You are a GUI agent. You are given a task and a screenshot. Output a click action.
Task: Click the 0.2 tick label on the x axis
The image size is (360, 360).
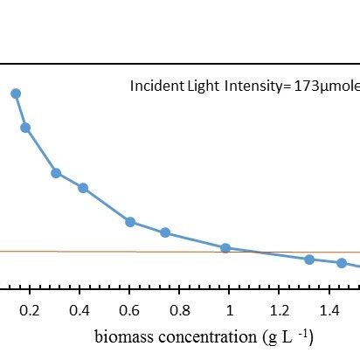29,309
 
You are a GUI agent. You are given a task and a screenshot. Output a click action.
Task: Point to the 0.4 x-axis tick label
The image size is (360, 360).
79,309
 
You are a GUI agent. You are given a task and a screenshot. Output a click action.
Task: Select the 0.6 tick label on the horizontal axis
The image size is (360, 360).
129,309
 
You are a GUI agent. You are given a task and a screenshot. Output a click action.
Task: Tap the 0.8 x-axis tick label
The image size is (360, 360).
179,309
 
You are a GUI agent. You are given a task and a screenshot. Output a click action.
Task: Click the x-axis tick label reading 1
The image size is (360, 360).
229,309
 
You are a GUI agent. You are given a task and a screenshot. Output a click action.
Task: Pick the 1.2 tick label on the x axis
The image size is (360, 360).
279,309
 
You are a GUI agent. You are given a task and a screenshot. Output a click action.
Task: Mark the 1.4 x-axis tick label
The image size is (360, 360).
329,309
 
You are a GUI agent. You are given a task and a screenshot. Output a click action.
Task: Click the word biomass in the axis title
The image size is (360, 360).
125,336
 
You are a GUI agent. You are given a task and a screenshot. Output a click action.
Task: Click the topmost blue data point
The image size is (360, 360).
15,93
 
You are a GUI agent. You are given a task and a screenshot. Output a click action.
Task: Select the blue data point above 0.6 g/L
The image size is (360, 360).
130,222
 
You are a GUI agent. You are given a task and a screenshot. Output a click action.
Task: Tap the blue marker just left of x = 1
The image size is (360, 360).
225,248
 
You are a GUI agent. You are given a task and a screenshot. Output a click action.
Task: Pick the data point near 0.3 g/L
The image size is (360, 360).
56,173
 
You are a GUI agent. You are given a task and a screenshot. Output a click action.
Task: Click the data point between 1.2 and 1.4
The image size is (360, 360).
309,260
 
